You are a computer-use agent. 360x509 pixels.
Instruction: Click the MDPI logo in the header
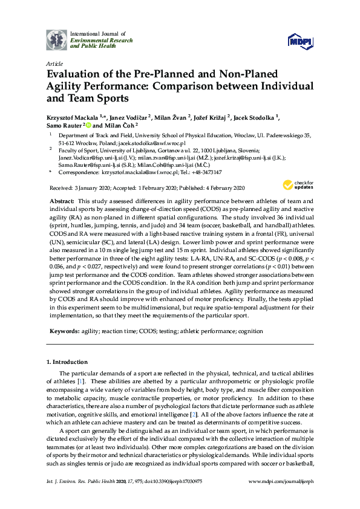301,41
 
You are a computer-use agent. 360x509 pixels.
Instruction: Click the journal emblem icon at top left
56,39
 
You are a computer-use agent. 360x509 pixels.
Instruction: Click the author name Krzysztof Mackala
73,115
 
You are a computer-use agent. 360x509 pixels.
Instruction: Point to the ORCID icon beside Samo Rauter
88,125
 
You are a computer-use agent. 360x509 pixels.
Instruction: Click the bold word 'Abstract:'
63,201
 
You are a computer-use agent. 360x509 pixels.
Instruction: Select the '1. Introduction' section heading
67,362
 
